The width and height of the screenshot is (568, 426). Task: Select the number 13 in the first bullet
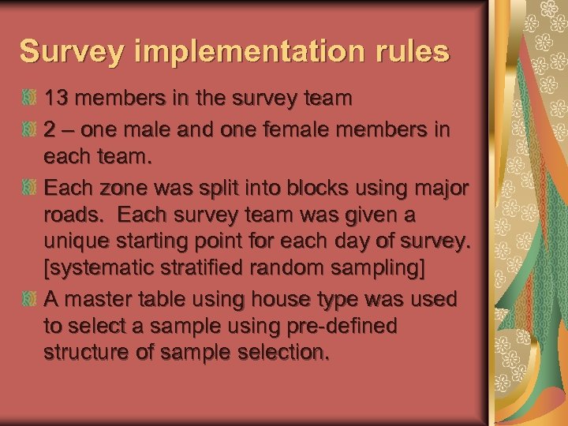(x=57, y=99)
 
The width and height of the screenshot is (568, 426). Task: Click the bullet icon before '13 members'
(x=29, y=99)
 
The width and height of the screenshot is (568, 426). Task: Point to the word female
(x=303, y=129)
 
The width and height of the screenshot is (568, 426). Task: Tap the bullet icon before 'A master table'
(x=29, y=300)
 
